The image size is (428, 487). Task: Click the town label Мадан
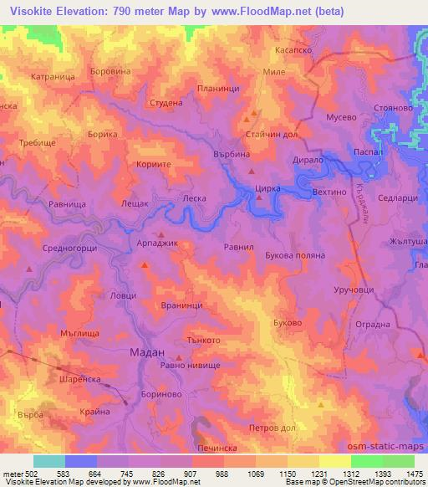coord(147,352)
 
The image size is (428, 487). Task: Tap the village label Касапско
coord(293,51)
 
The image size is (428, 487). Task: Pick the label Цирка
coord(267,191)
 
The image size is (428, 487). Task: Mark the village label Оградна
coord(373,324)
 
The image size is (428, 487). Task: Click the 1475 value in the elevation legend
coord(412,474)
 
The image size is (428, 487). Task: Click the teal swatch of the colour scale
coord(48,461)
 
